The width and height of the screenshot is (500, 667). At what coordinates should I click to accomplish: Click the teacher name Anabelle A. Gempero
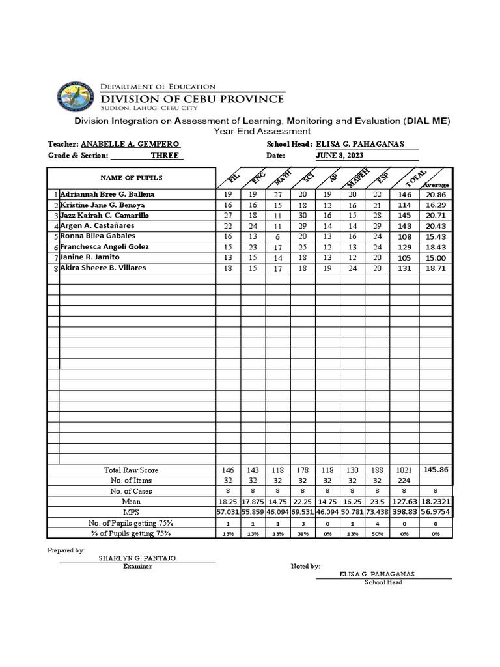pyautogui.click(x=130, y=144)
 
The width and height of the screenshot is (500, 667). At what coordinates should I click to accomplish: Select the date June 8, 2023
pyautogui.click(x=339, y=156)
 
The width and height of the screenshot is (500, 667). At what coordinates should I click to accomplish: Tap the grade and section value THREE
pyautogui.click(x=165, y=156)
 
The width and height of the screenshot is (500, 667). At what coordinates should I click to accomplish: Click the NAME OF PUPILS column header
pyautogui.click(x=131, y=178)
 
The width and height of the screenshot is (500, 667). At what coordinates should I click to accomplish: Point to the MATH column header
pyautogui.click(x=283, y=178)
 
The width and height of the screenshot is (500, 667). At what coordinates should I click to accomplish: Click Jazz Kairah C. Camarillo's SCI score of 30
pyautogui.click(x=301, y=216)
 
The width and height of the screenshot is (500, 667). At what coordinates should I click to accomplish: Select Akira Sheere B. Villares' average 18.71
pyautogui.click(x=435, y=268)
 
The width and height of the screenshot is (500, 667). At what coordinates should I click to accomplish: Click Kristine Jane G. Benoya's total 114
pyautogui.click(x=405, y=205)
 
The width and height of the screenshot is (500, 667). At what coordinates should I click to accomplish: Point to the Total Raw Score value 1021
pyautogui.click(x=405, y=470)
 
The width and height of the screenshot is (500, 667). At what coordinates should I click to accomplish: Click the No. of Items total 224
pyautogui.click(x=405, y=481)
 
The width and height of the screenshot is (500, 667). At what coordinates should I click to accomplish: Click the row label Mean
pyautogui.click(x=131, y=502)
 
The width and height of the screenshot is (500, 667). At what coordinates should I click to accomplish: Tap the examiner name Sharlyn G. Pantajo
pyautogui.click(x=137, y=559)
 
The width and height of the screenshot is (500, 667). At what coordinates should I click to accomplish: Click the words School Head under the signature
pyautogui.click(x=383, y=582)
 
